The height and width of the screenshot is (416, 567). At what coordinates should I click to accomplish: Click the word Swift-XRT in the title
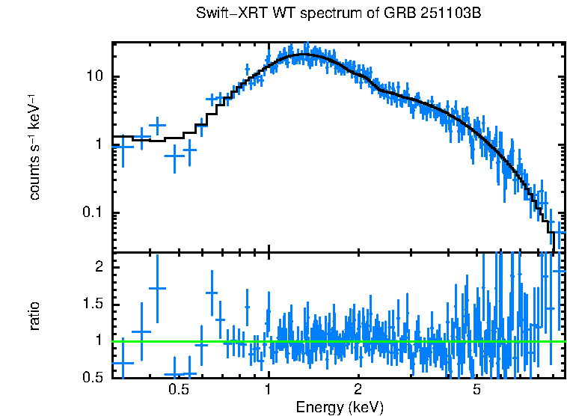click(225, 14)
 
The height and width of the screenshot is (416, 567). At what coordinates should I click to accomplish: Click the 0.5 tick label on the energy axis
click(178, 390)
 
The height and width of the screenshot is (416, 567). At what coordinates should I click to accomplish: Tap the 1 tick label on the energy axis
click(268, 390)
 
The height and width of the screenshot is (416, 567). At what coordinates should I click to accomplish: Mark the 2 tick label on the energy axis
click(358, 390)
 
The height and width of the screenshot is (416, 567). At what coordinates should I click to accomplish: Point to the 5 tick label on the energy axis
click(477, 390)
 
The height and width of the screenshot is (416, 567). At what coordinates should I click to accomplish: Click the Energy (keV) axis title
click(340, 407)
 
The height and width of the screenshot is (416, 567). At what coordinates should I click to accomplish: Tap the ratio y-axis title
click(34, 316)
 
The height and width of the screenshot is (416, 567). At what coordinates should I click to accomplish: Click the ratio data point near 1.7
click(157, 288)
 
